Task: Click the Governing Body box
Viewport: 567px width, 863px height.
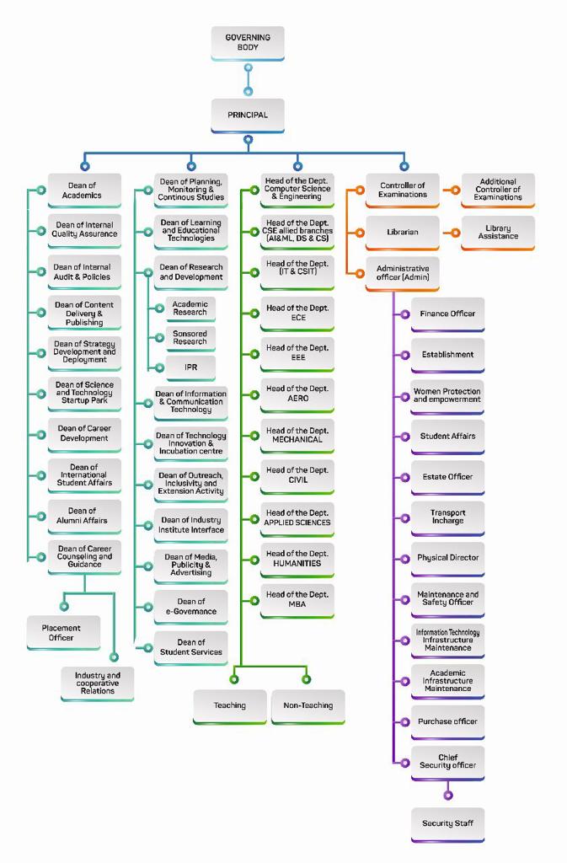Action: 248,43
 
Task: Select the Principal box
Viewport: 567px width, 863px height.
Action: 248,115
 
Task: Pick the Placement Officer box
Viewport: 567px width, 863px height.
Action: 62,633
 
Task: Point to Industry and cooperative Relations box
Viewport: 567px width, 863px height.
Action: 98,683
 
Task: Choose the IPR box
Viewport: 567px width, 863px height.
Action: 190,367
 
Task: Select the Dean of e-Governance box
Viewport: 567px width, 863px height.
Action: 191,606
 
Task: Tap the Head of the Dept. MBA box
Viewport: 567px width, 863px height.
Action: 297,599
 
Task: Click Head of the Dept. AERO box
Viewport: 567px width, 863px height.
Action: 297,394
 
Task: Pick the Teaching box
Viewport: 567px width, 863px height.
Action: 229,705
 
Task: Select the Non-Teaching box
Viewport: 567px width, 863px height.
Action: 308,705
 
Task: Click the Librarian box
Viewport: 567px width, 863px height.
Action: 403,232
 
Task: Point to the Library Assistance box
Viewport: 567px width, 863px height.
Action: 498,232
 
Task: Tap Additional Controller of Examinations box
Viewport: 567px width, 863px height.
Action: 498,190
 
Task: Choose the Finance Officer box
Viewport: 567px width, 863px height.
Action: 447,314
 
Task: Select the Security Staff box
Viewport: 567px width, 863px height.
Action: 447,823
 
